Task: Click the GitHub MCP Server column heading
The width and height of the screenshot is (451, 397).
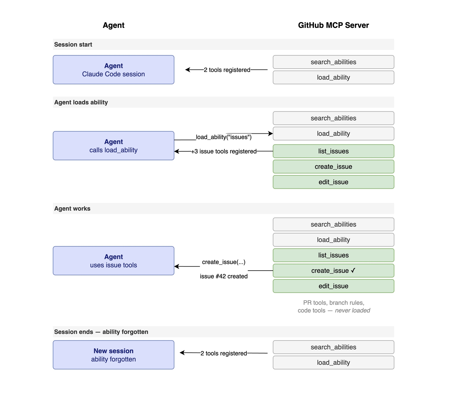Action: click(333, 25)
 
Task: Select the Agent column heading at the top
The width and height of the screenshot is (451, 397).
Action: click(113, 25)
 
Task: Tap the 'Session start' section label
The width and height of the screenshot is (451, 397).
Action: click(73, 45)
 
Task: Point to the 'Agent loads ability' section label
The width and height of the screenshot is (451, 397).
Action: click(81, 103)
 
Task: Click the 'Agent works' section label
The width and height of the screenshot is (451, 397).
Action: click(72, 209)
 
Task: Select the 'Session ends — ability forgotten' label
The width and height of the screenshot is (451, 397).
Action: click(101, 332)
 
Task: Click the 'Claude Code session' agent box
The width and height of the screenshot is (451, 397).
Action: click(113, 70)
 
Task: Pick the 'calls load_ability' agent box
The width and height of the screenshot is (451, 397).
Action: click(113, 146)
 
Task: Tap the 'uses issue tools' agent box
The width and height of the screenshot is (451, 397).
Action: click(113, 261)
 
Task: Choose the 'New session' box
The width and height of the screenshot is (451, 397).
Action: click(113, 355)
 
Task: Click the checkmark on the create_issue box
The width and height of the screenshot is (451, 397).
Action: click(353, 271)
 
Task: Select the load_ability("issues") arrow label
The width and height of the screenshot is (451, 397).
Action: click(224, 137)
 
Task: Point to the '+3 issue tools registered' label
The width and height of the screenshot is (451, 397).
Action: click(224, 152)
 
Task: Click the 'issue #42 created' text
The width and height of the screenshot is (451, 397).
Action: click(224, 277)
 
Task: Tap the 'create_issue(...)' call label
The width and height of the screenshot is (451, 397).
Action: click(224, 262)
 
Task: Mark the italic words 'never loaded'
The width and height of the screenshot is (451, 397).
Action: click(352, 311)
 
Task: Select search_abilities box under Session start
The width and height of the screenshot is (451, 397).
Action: click(333, 62)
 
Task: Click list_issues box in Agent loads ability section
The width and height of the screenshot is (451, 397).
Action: click(333, 151)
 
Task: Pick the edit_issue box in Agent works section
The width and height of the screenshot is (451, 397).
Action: click(333, 286)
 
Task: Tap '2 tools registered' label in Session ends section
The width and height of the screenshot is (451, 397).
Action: click(224, 354)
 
